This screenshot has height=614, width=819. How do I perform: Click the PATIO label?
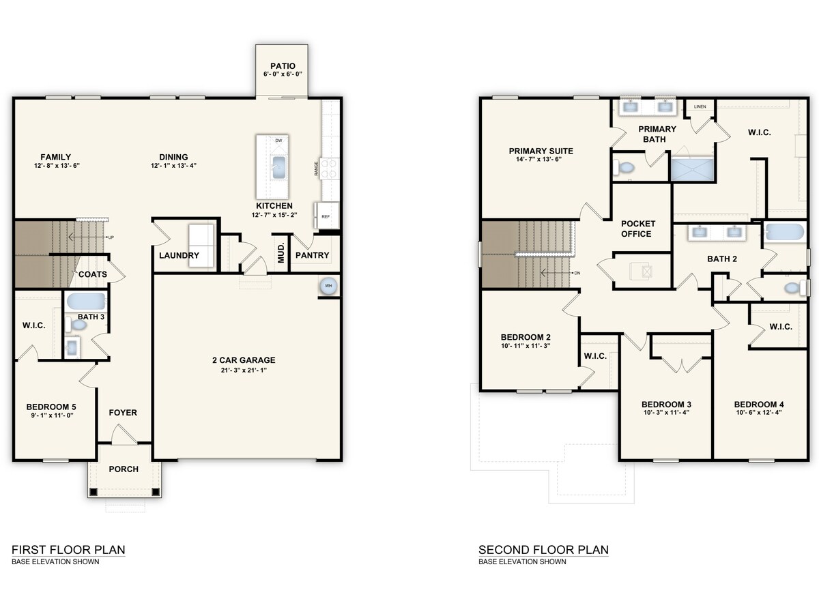[x=282, y=66]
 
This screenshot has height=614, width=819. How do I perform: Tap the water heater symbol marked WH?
[x=328, y=286]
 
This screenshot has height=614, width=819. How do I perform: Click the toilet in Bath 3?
[x=78, y=325]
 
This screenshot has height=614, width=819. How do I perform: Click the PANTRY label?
[x=313, y=255]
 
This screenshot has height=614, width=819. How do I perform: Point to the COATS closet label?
[x=93, y=274]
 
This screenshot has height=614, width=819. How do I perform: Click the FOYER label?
[x=123, y=413]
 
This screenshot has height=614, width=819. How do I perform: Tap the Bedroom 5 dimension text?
[x=50, y=415]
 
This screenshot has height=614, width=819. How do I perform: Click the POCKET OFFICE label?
[x=638, y=229]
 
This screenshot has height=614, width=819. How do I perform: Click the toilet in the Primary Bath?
[x=624, y=167]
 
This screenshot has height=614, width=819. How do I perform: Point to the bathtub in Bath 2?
[x=785, y=233]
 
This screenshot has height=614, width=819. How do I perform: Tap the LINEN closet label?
[x=700, y=107]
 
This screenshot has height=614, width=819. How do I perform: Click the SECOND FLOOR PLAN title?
[x=543, y=550]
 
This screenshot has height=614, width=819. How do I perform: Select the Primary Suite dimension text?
[x=541, y=160]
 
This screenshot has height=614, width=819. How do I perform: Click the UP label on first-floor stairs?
[x=110, y=237]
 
